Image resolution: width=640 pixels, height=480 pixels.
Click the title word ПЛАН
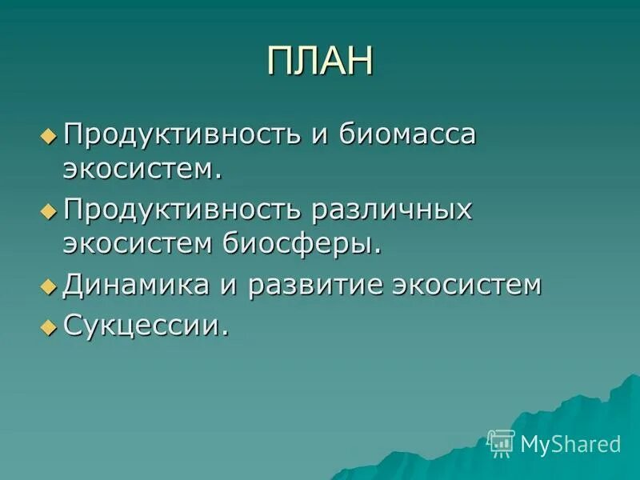click(x=320, y=62)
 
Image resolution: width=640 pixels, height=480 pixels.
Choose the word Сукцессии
click(x=144, y=324)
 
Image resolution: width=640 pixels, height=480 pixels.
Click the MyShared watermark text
click(x=570, y=443)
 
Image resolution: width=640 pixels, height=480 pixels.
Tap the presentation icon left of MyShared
click(x=501, y=442)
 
